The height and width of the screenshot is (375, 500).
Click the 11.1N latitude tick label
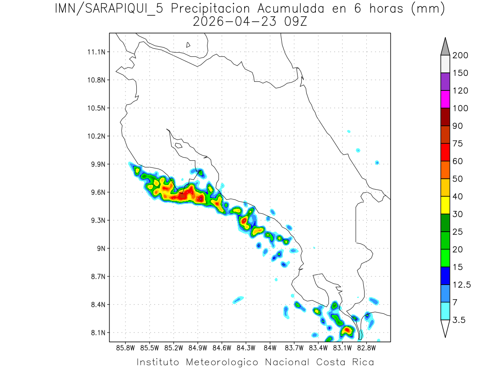(96, 52)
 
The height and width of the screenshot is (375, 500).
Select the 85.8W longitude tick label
(126, 347)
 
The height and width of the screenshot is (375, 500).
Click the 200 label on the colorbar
(460, 55)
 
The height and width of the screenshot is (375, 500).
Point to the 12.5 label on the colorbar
(461, 285)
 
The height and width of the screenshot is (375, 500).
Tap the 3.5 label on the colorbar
(459, 320)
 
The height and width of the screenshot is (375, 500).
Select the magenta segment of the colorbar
(445, 99)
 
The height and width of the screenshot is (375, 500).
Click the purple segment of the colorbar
(445, 82)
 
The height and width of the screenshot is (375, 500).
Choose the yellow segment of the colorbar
(445, 205)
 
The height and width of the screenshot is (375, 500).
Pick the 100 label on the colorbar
(460, 108)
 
